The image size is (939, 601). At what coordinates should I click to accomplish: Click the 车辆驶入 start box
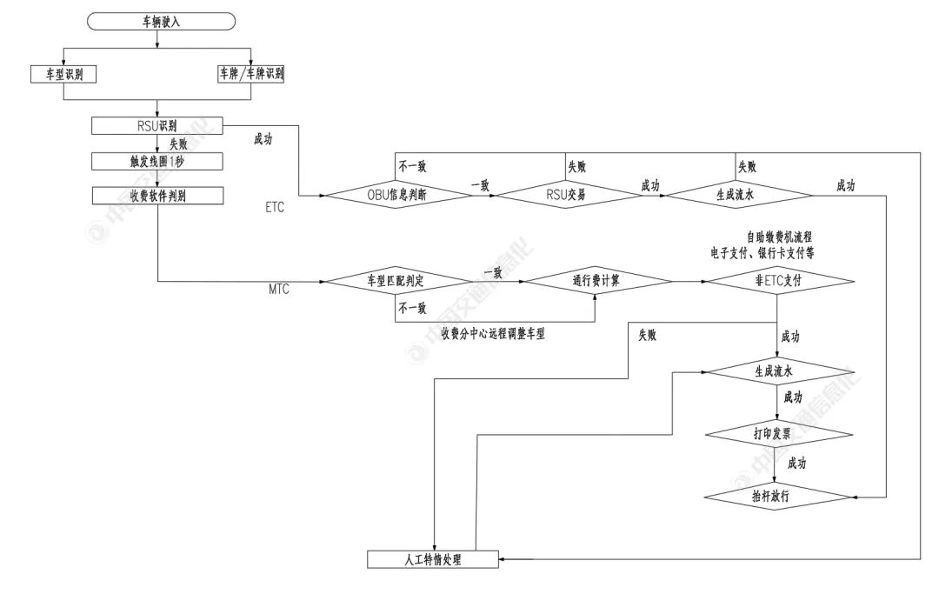pyautogui.click(x=161, y=22)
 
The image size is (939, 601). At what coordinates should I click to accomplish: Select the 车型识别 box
pyautogui.click(x=62, y=75)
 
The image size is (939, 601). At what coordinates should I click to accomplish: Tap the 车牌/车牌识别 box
pyautogui.click(x=250, y=75)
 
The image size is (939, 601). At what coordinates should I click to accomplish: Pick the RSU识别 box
pyautogui.click(x=157, y=126)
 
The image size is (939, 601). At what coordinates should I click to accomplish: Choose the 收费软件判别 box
pyautogui.click(x=157, y=195)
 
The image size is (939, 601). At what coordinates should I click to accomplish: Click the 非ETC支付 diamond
pyautogui.click(x=777, y=281)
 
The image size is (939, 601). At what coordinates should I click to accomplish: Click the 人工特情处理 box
pyautogui.click(x=433, y=558)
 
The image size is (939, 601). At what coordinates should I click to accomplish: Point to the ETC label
pyautogui.click(x=276, y=210)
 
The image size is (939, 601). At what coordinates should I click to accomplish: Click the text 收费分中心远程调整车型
pyautogui.click(x=493, y=333)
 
